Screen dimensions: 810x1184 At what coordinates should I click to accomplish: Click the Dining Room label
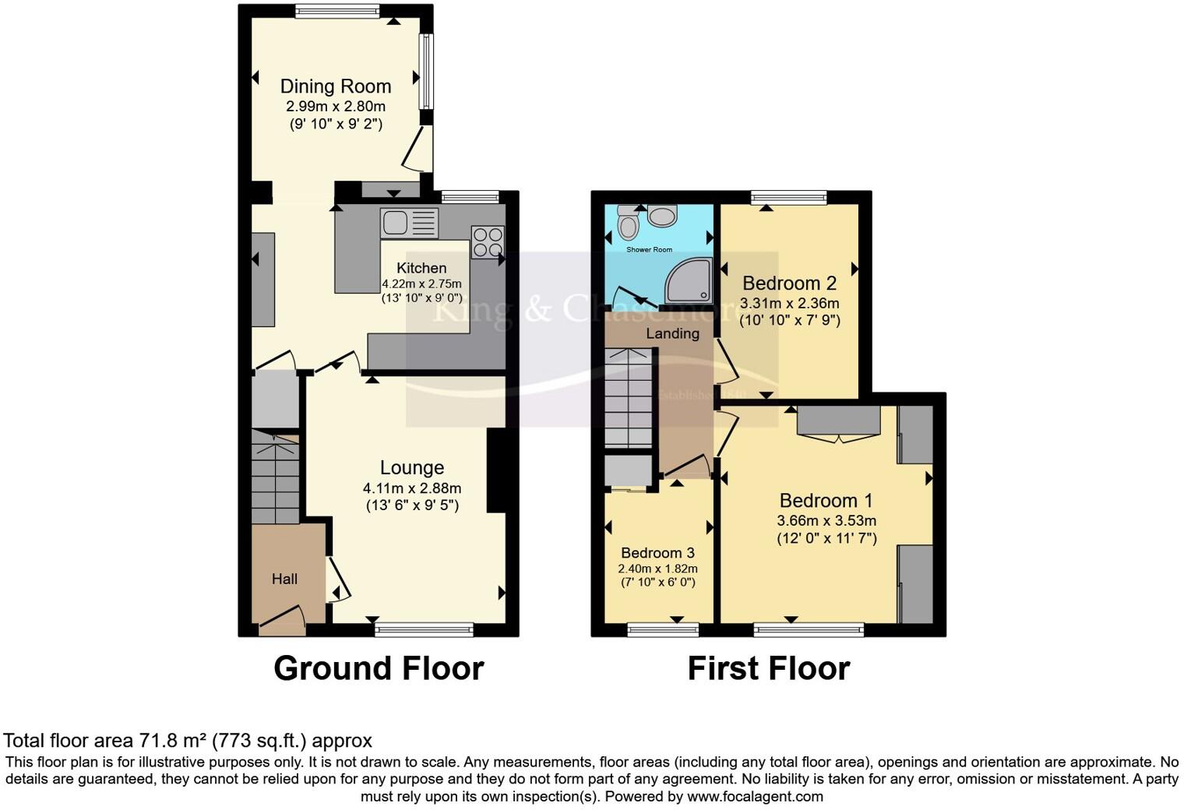pyautogui.click(x=335, y=86)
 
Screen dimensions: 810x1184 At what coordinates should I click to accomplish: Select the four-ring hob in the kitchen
pyautogui.click(x=488, y=241)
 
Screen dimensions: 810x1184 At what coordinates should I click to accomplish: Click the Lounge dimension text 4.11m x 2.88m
pyautogui.click(x=412, y=488)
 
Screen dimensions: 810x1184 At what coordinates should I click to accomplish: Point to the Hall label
pyautogui.click(x=284, y=579)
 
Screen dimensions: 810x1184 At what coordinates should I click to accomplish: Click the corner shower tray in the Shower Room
pyautogui.click(x=689, y=281)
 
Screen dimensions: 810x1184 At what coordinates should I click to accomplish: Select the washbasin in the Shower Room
pyautogui.click(x=662, y=216)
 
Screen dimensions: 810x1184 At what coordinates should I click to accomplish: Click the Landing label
pyautogui.click(x=672, y=333)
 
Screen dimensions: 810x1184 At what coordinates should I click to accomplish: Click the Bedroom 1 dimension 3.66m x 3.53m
pyautogui.click(x=826, y=521)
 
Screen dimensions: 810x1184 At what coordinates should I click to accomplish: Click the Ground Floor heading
pyautogui.click(x=379, y=668)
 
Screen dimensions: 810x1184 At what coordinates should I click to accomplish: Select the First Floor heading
pyautogui.click(x=768, y=668)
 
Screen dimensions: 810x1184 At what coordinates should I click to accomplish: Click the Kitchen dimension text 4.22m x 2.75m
pyautogui.click(x=421, y=284)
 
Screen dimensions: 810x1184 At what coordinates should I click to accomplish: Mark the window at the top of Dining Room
pyautogui.click(x=337, y=11)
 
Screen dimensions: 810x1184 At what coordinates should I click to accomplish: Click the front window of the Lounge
pyautogui.click(x=424, y=629)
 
